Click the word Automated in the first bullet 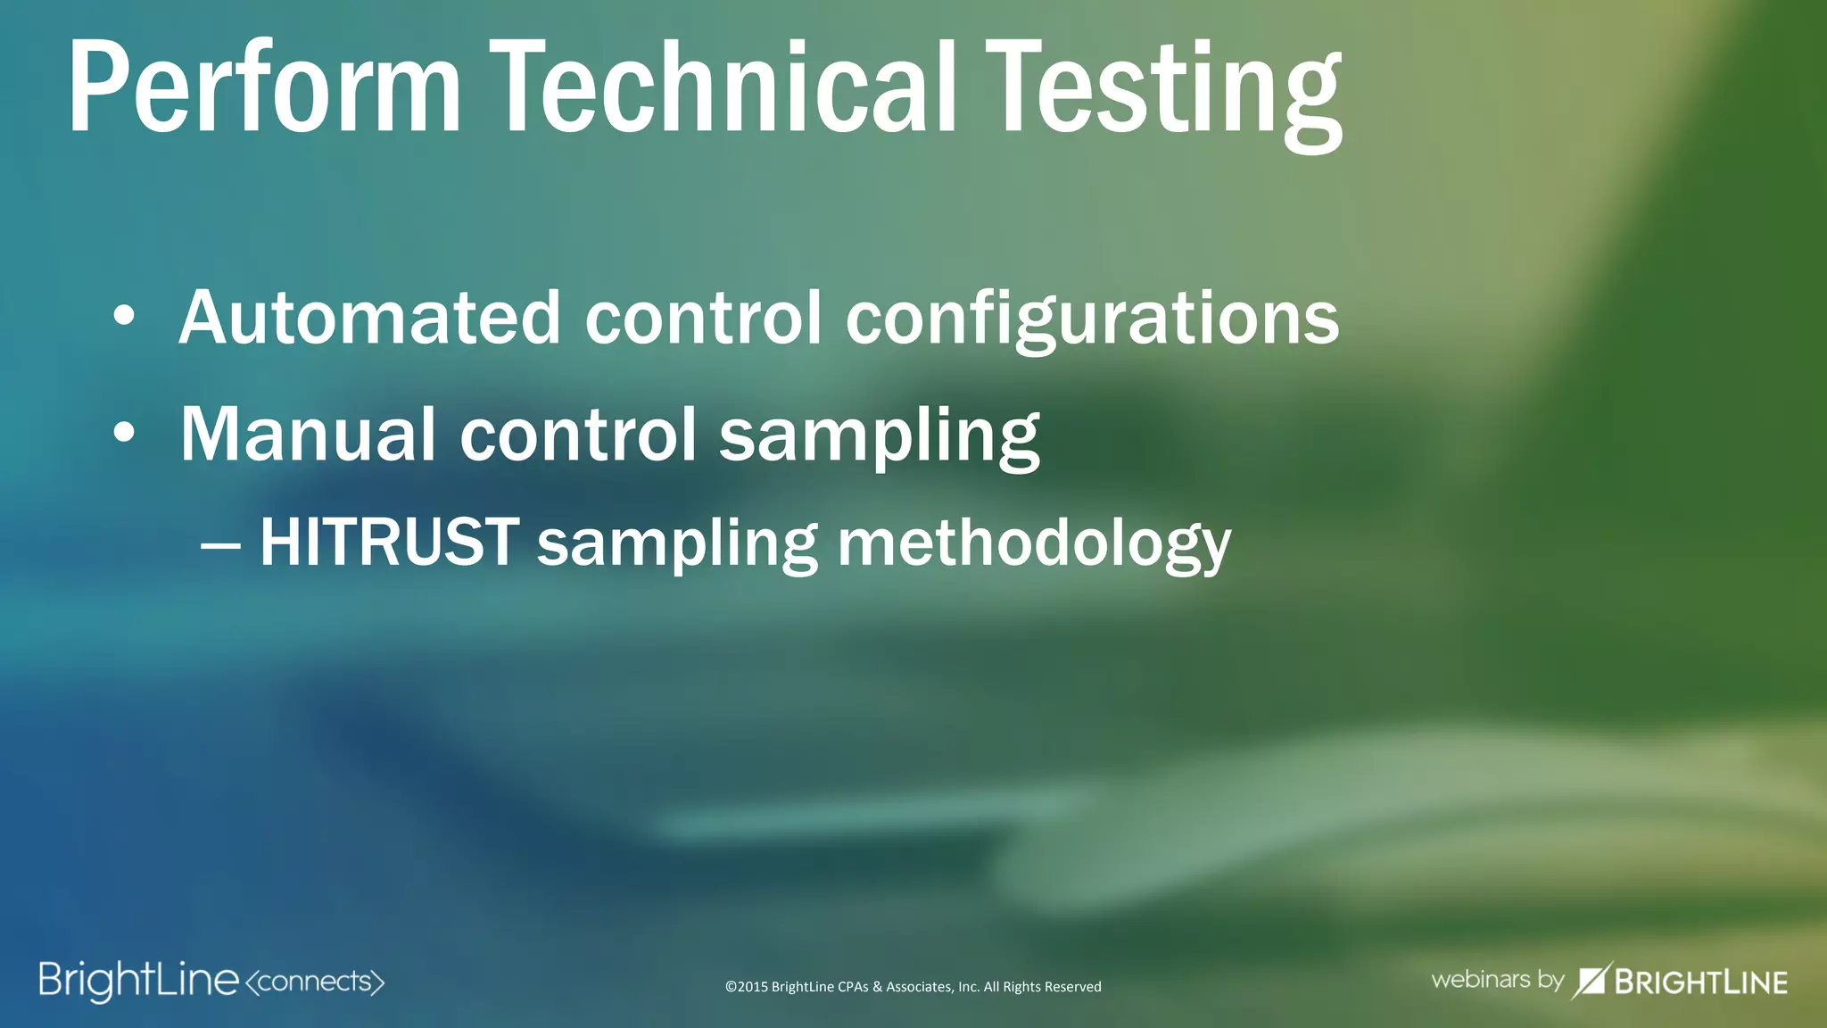tap(369, 318)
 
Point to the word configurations tap(1092, 319)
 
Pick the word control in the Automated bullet tap(703, 318)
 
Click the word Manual tap(307, 435)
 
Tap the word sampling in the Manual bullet tap(879, 437)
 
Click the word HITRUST tap(389, 542)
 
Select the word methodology tap(1034, 543)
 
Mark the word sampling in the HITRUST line tap(677, 544)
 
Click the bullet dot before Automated tap(124, 316)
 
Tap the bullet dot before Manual tap(124, 433)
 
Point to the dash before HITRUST tap(220, 543)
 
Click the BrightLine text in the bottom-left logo tap(138, 981)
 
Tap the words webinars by tap(1497, 980)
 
